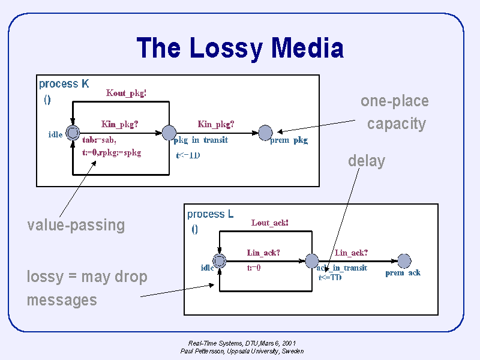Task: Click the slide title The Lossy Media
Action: (240, 48)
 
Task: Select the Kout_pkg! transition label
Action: (127, 93)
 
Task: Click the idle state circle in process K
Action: (73, 133)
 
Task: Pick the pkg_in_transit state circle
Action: (169, 133)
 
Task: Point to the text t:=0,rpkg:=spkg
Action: (112, 152)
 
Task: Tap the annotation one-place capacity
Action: (395, 112)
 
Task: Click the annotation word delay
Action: (366, 161)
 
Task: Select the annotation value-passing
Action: (76, 225)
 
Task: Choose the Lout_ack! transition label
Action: (270, 223)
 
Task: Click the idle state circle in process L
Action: (220, 261)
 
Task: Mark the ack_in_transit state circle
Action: (312, 261)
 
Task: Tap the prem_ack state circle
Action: (404, 261)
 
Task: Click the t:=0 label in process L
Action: (254, 268)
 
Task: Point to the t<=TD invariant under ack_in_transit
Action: (330, 277)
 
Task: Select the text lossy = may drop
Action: (87, 277)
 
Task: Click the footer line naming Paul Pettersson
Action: (242, 351)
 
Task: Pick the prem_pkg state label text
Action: (289, 140)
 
